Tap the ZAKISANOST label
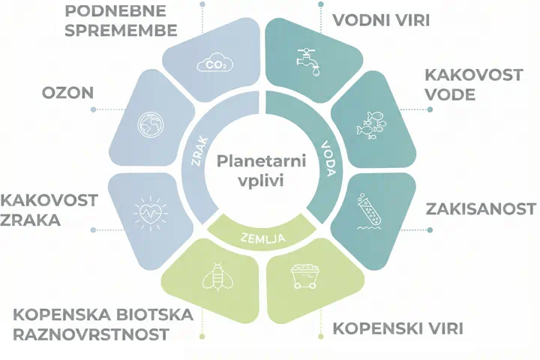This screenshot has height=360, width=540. point(479,208)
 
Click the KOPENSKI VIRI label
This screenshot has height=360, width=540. point(398,328)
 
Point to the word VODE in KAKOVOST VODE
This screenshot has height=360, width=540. point(449,94)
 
